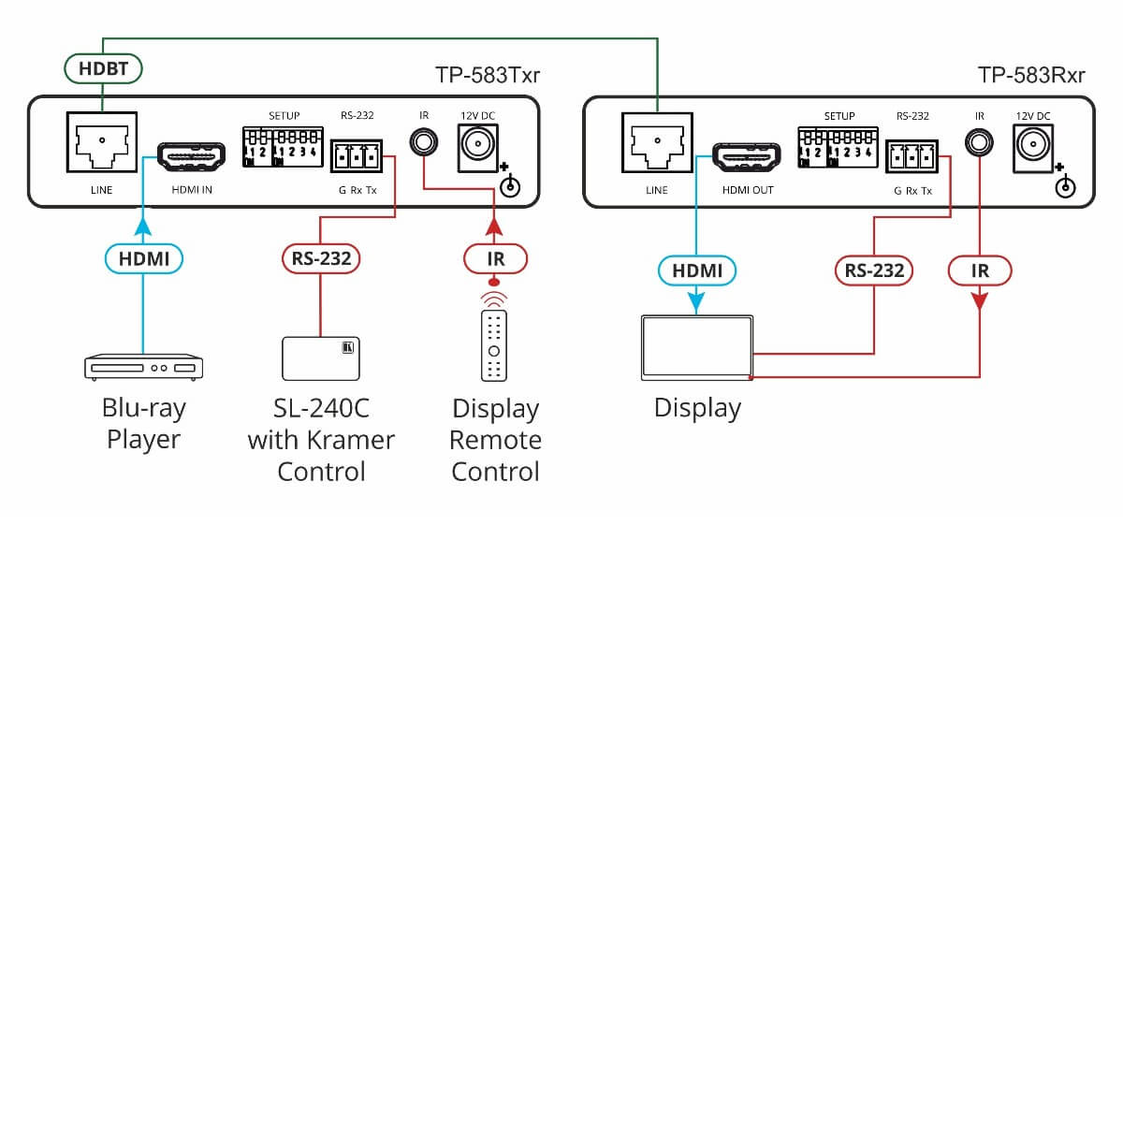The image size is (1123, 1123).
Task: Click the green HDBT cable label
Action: coord(103,68)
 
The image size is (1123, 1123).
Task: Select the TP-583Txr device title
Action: coord(487,75)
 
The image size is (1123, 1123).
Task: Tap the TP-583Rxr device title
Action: coord(1030,75)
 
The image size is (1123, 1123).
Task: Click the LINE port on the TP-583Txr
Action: coord(101,142)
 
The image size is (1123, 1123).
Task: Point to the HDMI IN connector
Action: coord(191,156)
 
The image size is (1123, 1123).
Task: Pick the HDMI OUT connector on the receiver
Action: coord(747,156)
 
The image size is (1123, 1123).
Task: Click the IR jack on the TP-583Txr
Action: coord(424,143)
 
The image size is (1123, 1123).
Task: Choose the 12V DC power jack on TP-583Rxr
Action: coord(1033,145)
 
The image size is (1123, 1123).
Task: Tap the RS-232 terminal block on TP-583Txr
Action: coord(357,156)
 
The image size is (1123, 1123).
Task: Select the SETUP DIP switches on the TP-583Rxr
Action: coord(837,148)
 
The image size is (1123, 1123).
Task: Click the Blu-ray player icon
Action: coord(143,367)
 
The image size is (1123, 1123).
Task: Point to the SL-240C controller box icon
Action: coord(321,358)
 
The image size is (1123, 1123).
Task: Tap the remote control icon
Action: coord(494,345)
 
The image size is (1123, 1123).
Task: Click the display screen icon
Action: coord(697,348)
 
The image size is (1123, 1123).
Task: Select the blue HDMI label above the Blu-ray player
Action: coord(144,258)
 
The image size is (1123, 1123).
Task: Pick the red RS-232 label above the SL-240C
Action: coord(321,258)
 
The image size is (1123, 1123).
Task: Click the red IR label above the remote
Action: coord(495,258)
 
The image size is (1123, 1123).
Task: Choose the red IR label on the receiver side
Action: coord(980,270)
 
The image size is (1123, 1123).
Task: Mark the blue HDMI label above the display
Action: coord(697,270)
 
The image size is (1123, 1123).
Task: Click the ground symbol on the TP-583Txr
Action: coord(510,187)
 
